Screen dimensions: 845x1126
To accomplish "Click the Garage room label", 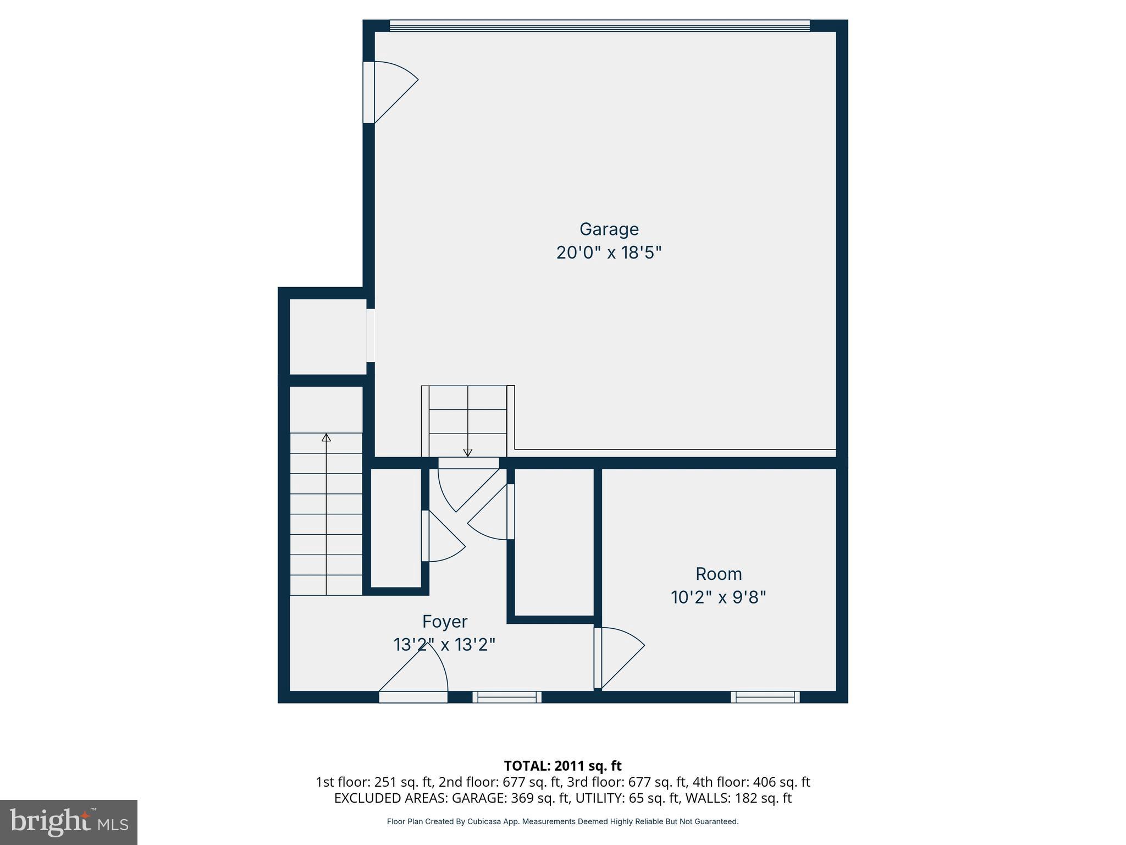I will click(x=609, y=229).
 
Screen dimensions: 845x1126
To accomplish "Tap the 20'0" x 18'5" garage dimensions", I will click(x=609, y=253).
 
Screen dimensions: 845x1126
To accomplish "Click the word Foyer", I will click(x=445, y=622).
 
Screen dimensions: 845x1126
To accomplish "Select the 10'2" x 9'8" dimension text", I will click(x=718, y=597).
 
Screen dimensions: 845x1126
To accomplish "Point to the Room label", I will click(x=718, y=574).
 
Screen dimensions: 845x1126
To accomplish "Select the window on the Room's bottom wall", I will click(x=765, y=697).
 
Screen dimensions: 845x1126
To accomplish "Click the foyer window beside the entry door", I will click(x=506, y=697).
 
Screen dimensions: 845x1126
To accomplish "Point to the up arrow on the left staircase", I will click(x=326, y=438).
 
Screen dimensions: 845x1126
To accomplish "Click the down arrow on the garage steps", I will click(x=468, y=452).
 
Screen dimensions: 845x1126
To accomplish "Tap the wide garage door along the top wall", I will click(x=599, y=26).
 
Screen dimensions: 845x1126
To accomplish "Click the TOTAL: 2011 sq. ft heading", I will click(x=562, y=766).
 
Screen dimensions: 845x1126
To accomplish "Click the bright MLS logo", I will click(x=69, y=822).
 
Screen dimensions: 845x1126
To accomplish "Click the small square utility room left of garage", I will click(x=328, y=336).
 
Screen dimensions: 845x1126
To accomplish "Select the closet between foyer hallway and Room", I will click(x=554, y=542).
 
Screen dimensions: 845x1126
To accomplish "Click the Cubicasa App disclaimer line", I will click(x=562, y=821).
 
